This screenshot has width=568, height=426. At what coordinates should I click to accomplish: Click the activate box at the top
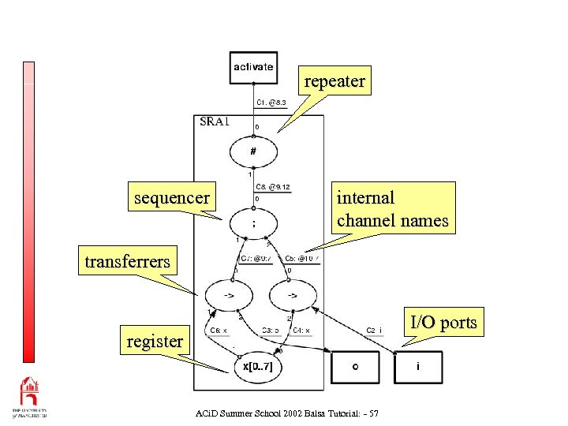pos(253,67)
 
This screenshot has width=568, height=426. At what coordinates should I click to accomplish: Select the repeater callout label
pos(334,81)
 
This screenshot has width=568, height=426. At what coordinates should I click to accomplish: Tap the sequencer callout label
pos(172,197)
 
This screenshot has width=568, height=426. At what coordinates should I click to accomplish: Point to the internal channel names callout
pos(392,208)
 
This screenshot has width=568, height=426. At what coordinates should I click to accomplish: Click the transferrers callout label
pos(127,261)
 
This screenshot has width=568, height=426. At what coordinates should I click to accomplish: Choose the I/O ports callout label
pos(442,322)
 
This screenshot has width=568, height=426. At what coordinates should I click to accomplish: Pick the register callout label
pos(155,342)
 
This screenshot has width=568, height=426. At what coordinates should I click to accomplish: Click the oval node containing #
pos(253,151)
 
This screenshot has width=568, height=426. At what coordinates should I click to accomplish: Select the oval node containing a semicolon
pos(253,223)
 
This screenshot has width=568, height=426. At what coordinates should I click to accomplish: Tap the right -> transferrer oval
pos(291,297)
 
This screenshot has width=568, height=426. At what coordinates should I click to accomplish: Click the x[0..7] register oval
pos(258,368)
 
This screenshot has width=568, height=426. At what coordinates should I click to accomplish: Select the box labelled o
pos(355,368)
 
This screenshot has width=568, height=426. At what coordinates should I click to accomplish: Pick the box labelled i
pos(418,368)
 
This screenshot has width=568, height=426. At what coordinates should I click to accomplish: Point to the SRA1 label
pos(215,121)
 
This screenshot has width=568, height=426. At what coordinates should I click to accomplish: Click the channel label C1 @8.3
pos(271,103)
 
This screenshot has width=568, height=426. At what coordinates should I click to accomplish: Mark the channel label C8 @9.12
pos(273,187)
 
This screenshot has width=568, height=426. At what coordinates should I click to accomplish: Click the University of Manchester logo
pos(28,398)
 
